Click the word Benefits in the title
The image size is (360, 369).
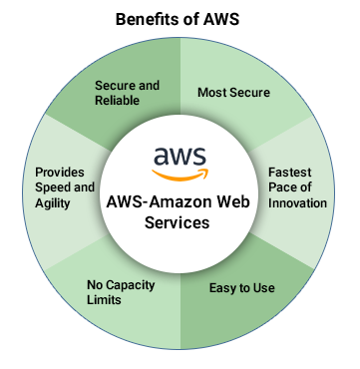pos(147,19)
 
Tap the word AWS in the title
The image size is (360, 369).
pos(221,19)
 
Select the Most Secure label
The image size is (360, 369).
pos(233,93)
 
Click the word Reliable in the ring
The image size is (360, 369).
pos(117,101)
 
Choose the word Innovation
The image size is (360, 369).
pos(297,202)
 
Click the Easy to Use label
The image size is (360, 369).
pos(242,288)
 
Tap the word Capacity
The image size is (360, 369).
pos(131,285)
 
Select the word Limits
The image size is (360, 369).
pos(104,300)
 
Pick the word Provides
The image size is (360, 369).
pos(60,173)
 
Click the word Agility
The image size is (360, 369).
pos(53,203)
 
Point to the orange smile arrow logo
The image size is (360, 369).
pos(180,175)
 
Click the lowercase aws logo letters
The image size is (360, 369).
pos(180,156)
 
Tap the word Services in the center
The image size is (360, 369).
pos(177,222)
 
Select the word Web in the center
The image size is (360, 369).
pos(234,201)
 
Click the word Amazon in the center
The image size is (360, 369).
pos(181,201)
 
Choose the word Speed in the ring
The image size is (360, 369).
pos(53,187)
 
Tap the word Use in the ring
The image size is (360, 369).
pos(264,288)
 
